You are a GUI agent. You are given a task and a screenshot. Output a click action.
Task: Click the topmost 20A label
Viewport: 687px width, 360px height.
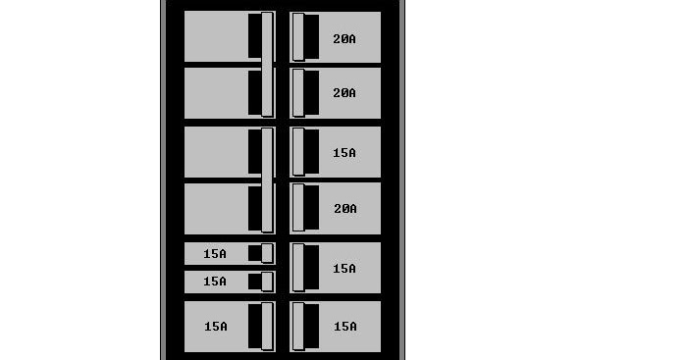[x=343, y=39]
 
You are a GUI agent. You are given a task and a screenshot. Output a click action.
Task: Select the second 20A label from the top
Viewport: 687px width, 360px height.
[x=343, y=93]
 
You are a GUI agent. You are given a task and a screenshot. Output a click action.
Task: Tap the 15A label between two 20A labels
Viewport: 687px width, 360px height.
[x=343, y=153]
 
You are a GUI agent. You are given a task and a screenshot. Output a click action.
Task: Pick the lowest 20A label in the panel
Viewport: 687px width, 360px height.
[x=343, y=209]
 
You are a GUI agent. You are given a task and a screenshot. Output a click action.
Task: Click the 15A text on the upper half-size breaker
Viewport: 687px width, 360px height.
[x=215, y=254]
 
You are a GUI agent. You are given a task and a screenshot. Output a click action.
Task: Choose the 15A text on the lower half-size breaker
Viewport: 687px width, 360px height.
[x=215, y=282]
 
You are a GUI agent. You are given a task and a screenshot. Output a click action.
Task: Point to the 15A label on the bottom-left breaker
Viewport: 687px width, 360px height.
[x=215, y=327]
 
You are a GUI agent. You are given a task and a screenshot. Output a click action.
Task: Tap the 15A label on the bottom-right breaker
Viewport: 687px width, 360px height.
[x=343, y=327]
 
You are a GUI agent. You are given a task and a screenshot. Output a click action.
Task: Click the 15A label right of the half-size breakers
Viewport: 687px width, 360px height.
[x=343, y=269]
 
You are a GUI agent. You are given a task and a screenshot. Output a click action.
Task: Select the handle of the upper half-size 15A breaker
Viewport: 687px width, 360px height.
[x=267, y=253]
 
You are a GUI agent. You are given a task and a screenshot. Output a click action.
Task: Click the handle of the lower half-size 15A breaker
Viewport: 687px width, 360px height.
[x=267, y=282]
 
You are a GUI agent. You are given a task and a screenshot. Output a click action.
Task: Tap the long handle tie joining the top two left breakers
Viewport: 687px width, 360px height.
[x=267, y=65]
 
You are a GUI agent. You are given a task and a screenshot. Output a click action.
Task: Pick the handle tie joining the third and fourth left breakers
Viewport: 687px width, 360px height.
[x=267, y=180]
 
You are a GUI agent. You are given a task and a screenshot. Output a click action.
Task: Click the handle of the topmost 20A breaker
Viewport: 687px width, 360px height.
[x=298, y=37]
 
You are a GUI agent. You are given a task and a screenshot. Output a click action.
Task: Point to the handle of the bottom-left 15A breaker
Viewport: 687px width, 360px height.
[x=267, y=327]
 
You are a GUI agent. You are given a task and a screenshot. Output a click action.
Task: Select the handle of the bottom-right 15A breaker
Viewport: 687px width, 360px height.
[x=298, y=327]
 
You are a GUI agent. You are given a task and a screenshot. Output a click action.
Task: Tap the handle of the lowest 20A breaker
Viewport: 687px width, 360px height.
[x=298, y=207]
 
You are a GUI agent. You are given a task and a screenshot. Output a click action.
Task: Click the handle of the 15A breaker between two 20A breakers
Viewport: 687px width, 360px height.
[x=298, y=152]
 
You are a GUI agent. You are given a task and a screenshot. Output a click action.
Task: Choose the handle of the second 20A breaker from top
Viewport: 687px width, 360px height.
[x=298, y=92]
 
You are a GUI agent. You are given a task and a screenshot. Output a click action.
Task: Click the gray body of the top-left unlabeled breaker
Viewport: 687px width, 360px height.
[x=216, y=36]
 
